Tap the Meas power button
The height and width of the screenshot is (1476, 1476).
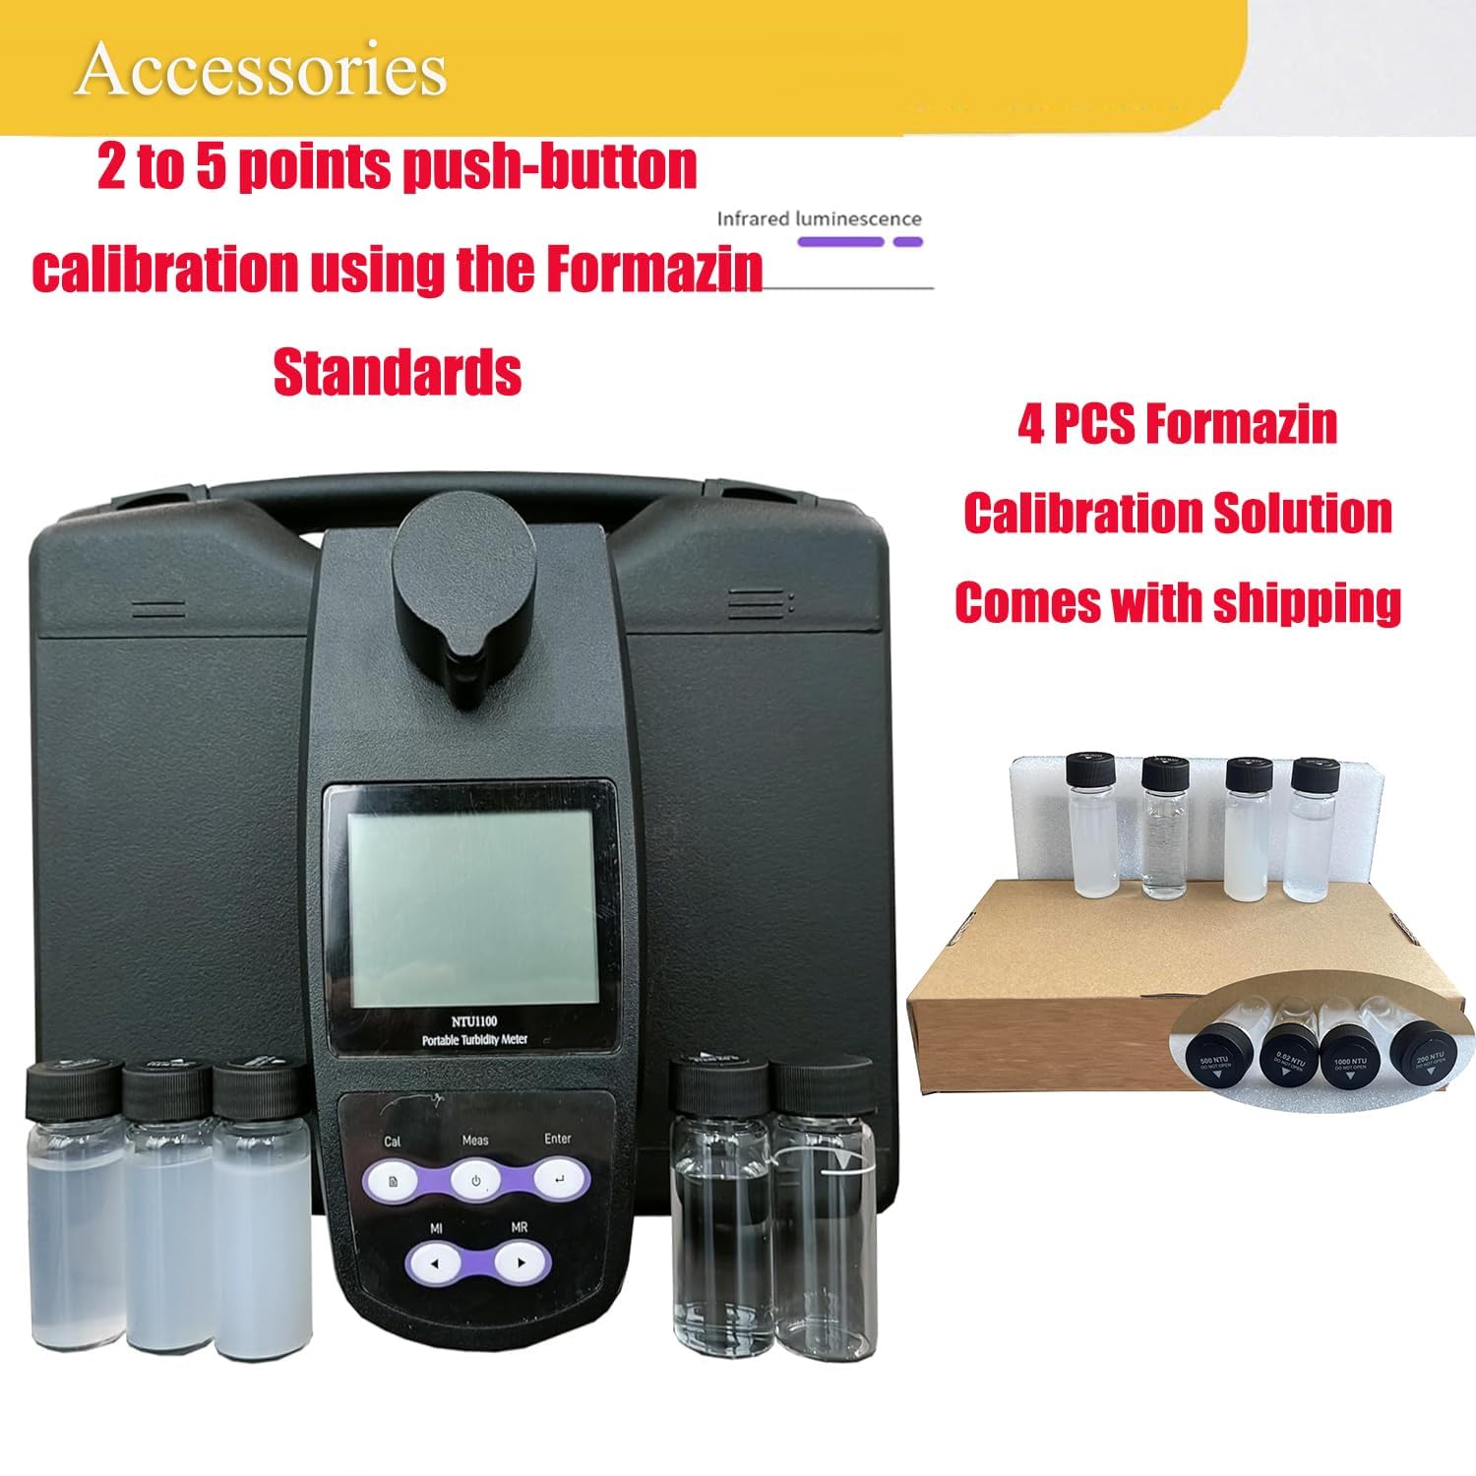click(475, 1180)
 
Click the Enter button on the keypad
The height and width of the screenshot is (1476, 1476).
click(559, 1179)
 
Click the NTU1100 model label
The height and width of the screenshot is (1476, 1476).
click(474, 1021)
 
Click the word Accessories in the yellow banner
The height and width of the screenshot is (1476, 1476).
click(261, 70)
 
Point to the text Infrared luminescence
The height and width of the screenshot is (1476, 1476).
click(819, 218)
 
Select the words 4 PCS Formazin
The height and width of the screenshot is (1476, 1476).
click(1178, 424)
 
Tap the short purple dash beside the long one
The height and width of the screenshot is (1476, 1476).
click(906, 241)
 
